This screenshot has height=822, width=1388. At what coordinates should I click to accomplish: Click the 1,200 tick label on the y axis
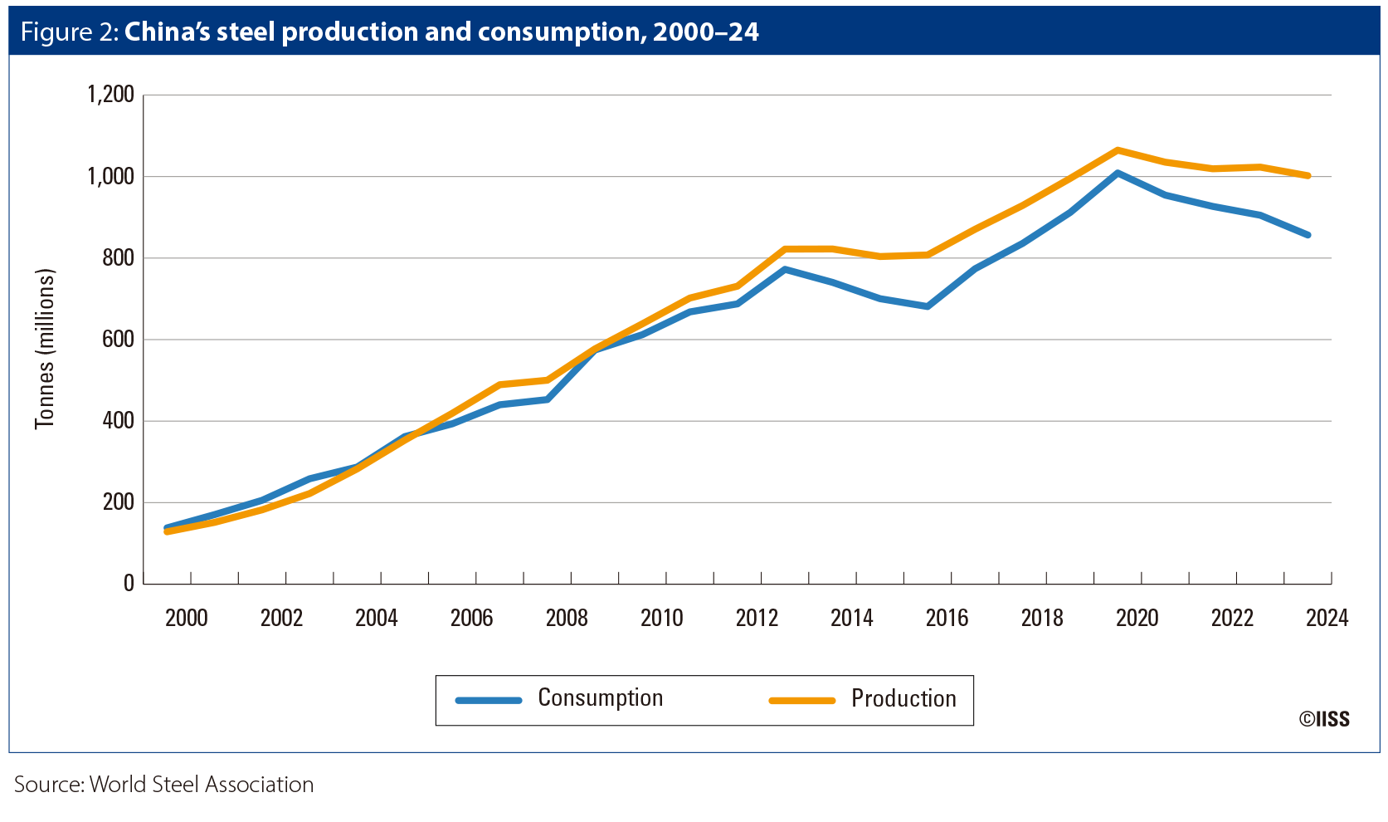(110, 95)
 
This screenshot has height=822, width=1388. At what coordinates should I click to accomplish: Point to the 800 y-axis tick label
(118, 258)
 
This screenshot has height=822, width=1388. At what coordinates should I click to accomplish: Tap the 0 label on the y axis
(129, 584)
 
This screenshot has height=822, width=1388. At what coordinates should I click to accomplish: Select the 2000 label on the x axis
(186, 618)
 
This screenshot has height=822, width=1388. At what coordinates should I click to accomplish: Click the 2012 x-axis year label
(757, 618)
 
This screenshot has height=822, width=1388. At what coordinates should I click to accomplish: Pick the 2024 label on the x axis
(1327, 618)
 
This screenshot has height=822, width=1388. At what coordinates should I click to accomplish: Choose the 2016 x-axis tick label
(947, 618)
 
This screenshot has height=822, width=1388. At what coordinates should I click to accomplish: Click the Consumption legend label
(600, 698)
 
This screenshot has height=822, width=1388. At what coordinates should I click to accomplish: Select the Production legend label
(903, 699)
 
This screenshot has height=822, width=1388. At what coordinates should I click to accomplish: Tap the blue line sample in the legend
(489, 701)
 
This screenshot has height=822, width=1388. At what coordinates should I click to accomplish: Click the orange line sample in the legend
(801, 701)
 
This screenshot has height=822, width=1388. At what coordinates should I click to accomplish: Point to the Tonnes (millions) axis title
(45, 349)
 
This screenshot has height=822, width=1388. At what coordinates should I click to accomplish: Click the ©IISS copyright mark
(1324, 719)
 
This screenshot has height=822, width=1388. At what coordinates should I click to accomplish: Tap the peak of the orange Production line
(1118, 150)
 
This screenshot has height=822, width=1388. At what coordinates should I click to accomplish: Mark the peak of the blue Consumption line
(1118, 173)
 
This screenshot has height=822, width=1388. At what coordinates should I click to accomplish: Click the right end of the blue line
(1308, 235)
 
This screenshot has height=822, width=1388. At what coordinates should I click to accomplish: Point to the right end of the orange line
(1308, 175)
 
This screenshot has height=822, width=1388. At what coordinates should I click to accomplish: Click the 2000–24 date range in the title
(705, 32)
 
